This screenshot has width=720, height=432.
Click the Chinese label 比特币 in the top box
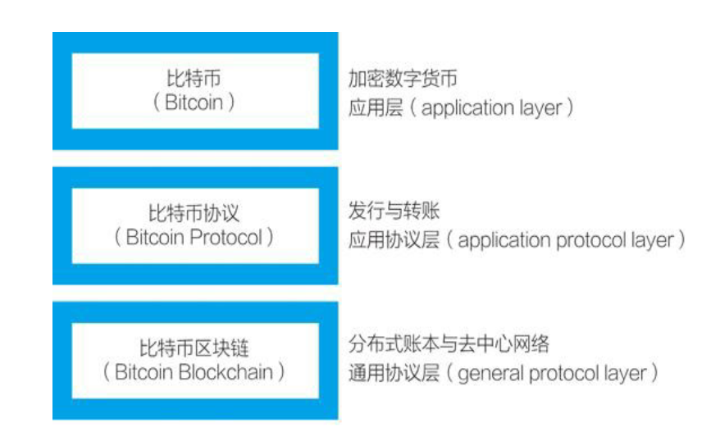194,80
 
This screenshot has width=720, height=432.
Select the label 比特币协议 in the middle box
194,214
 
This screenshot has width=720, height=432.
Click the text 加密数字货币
403,80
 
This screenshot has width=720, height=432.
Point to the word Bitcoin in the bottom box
144,371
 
